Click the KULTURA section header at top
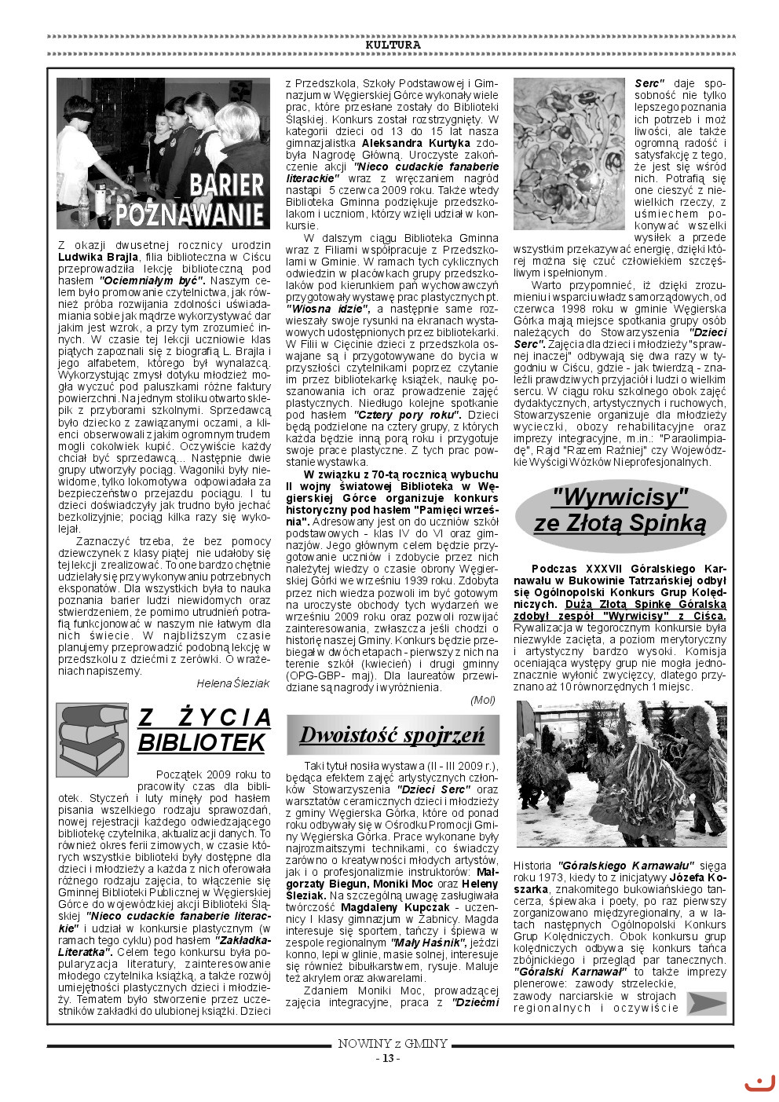[393, 45]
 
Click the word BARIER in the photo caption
[226, 185]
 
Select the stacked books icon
[91, 739]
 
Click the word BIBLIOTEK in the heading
[203, 742]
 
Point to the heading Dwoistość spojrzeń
[392, 735]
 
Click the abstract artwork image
[569, 153]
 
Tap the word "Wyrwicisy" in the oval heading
[620, 497]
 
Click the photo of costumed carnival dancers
[621, 774]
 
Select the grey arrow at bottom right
[706, 1003]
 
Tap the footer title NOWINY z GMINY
[393, 1044]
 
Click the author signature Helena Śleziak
[232, 683]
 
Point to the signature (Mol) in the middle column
[482, 700]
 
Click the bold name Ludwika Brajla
[98, 257]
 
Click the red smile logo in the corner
[759, 1084]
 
